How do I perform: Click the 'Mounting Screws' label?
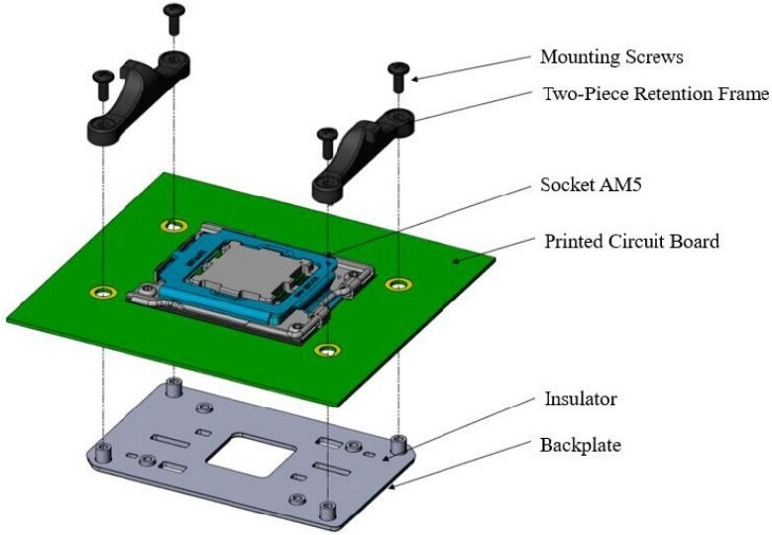click(611, 56)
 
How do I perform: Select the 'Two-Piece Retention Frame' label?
click(655, 95)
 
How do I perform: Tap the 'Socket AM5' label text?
click(592, 184)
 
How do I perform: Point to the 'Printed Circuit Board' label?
click(631, 241)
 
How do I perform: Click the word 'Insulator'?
click(580, 399)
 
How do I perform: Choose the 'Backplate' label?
click(582, 445)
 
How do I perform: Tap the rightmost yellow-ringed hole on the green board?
click(398, 285)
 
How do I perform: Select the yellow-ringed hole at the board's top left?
click(175, 224)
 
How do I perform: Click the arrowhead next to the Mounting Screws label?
click(416, 78)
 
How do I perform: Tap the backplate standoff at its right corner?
click(398, 443)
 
